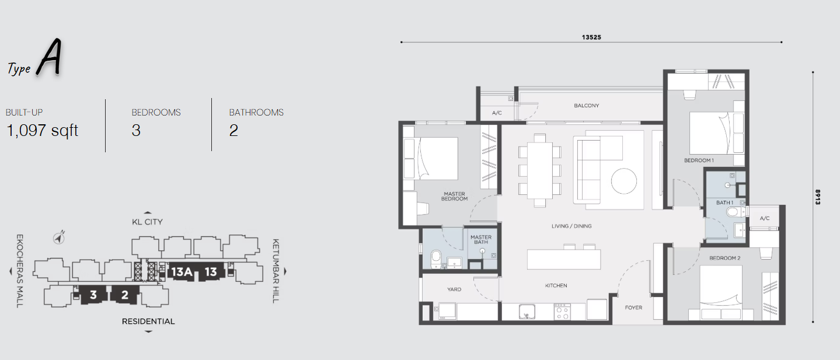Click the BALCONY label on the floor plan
[x=587, y=106]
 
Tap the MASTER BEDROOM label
[x=454, y=197]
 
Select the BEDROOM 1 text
[x=699, y=160]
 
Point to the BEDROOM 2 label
[x=724, y=258]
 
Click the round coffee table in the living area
[x=623, y=181]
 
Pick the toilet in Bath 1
[x=734, y=212]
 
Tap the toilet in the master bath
[x=435, y=259]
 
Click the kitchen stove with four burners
[x=562, y=312]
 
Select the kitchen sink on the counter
[x=527, y=312]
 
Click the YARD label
[x=454, y=289]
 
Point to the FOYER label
[x=633, y=307]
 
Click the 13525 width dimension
[x=591, y=37]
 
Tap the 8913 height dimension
[x=818, y=197]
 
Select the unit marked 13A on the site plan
[x=182, y=271]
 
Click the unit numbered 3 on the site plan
[x=93, y=295]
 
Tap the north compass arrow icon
[x=58, y=237]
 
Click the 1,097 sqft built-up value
[x=43, y=131]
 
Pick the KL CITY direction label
[x=147, y=222]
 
